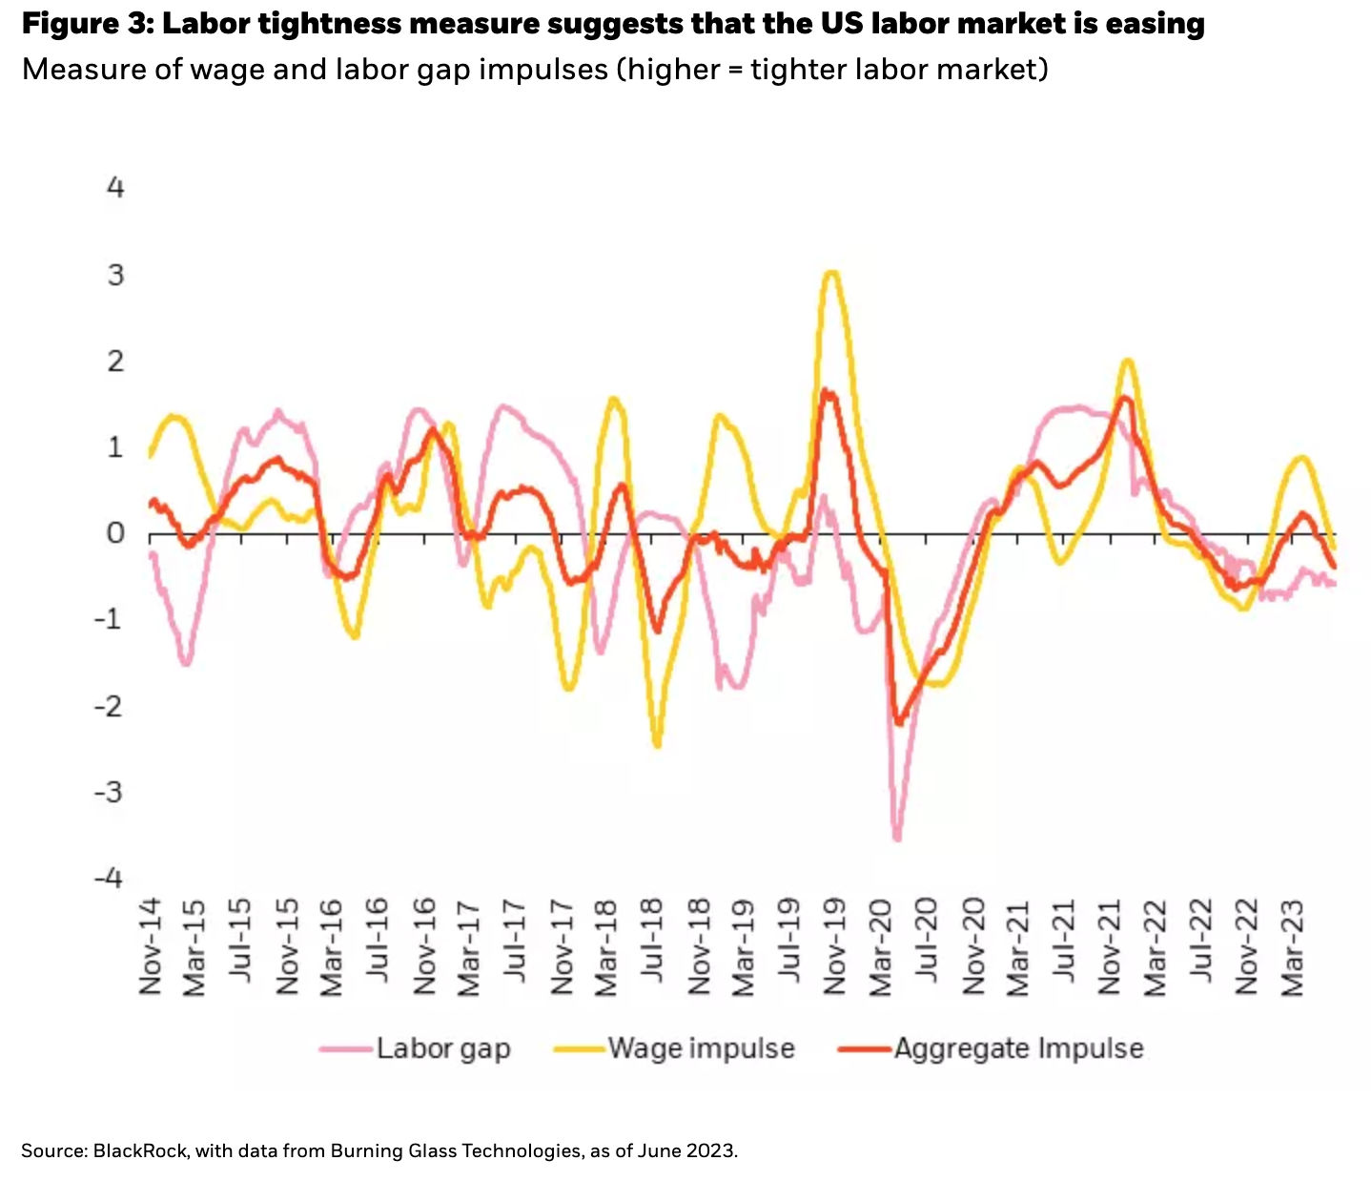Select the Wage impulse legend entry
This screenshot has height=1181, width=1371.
[x=701, y=1048]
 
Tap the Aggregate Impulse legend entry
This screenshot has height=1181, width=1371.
[x=1018, y=1048]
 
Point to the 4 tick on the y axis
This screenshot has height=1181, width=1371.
[x=115, y=187]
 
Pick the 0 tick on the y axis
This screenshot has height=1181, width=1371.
[x=115, y=532]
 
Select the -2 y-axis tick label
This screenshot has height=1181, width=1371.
[x=110, y=706]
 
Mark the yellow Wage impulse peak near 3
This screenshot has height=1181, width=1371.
[x=831, y=274]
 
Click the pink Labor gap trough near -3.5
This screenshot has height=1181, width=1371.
[x=897, y=839]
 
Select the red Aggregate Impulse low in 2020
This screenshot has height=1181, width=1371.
[x=898, y=722]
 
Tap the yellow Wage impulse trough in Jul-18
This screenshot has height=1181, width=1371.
[x=657, y=745]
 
